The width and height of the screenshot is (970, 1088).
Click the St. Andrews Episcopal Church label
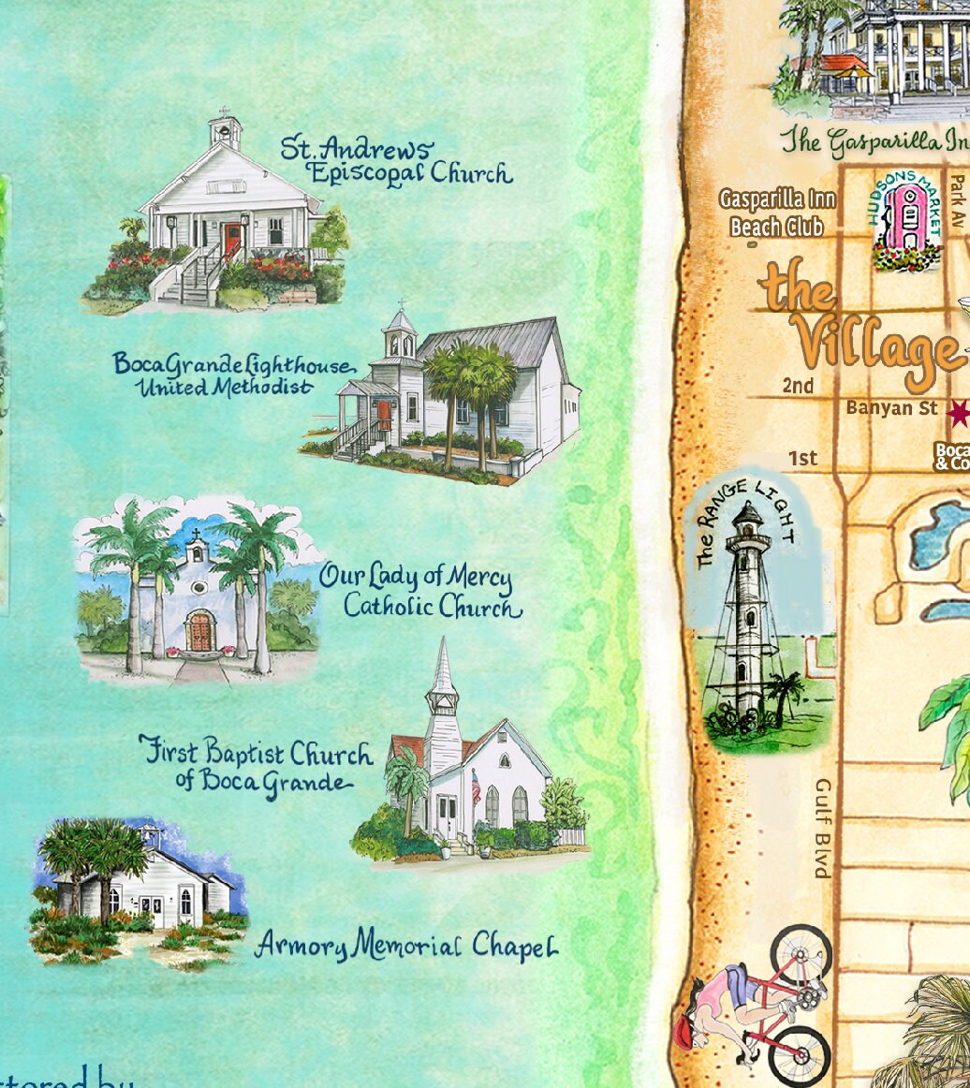[397, 161]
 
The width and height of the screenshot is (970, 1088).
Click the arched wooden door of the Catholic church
[200, 631]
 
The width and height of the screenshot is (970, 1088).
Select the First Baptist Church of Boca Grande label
[257, 768]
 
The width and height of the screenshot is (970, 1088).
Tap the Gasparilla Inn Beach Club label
[777, 213]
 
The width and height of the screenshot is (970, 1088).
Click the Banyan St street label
[892, 407]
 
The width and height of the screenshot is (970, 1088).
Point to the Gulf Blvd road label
[823, 829]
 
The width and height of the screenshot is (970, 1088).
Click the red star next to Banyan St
[959, 412]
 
